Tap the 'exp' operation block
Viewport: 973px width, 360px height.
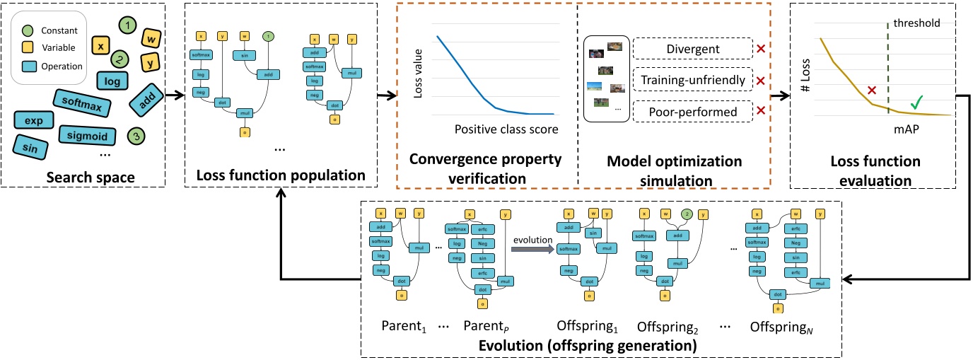33,121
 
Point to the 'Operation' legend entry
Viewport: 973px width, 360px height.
54,66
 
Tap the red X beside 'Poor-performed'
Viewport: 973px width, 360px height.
760,110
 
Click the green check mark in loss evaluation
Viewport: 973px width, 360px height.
916,102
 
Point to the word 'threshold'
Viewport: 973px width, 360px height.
916,23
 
